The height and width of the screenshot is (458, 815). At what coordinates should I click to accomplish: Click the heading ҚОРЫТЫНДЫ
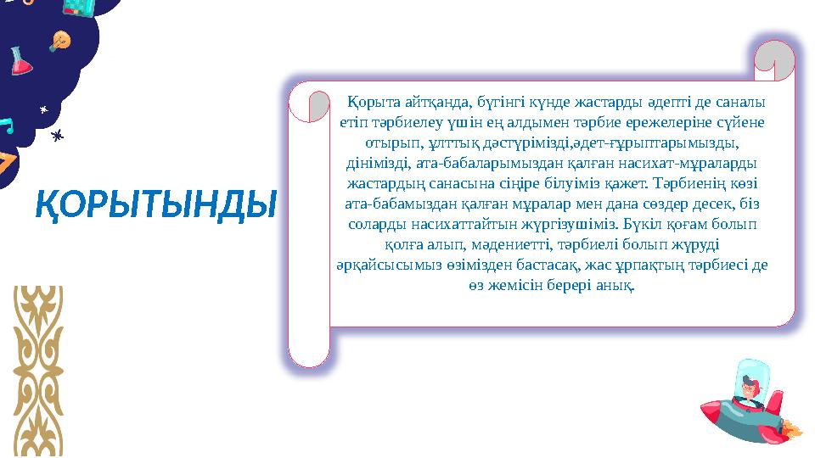pyautogui.click(x=156, y=204)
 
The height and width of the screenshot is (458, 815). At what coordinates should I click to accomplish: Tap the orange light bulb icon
pyautogui.click(x=60, y=40)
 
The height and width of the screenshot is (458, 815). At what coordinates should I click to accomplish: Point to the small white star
pyautogui.click(x=42, y=109)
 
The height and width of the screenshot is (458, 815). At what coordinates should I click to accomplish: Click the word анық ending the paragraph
pyautogui.click(x=618, y=285)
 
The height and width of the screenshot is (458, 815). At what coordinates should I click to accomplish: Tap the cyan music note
pyautogui.click(x=7, y=125)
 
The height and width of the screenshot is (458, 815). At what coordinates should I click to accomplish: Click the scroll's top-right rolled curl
pyautogui.click(x=774, y=59)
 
